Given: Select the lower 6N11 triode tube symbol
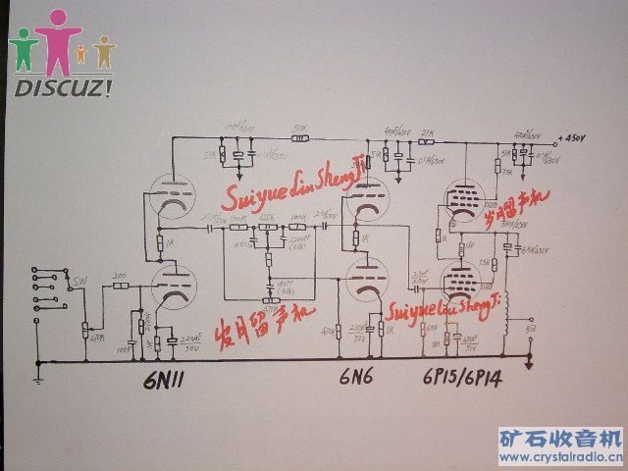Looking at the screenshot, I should [x=173, y=287].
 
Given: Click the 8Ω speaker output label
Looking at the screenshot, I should [x=531, y=331].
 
